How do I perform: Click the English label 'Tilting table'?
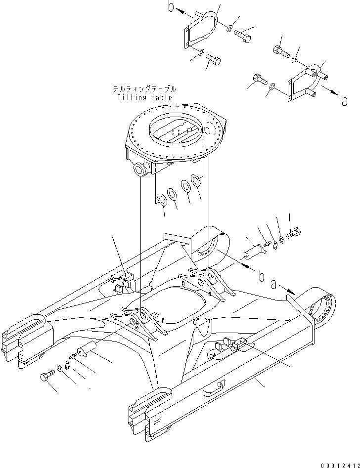145,97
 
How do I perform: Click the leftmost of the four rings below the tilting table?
161,200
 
